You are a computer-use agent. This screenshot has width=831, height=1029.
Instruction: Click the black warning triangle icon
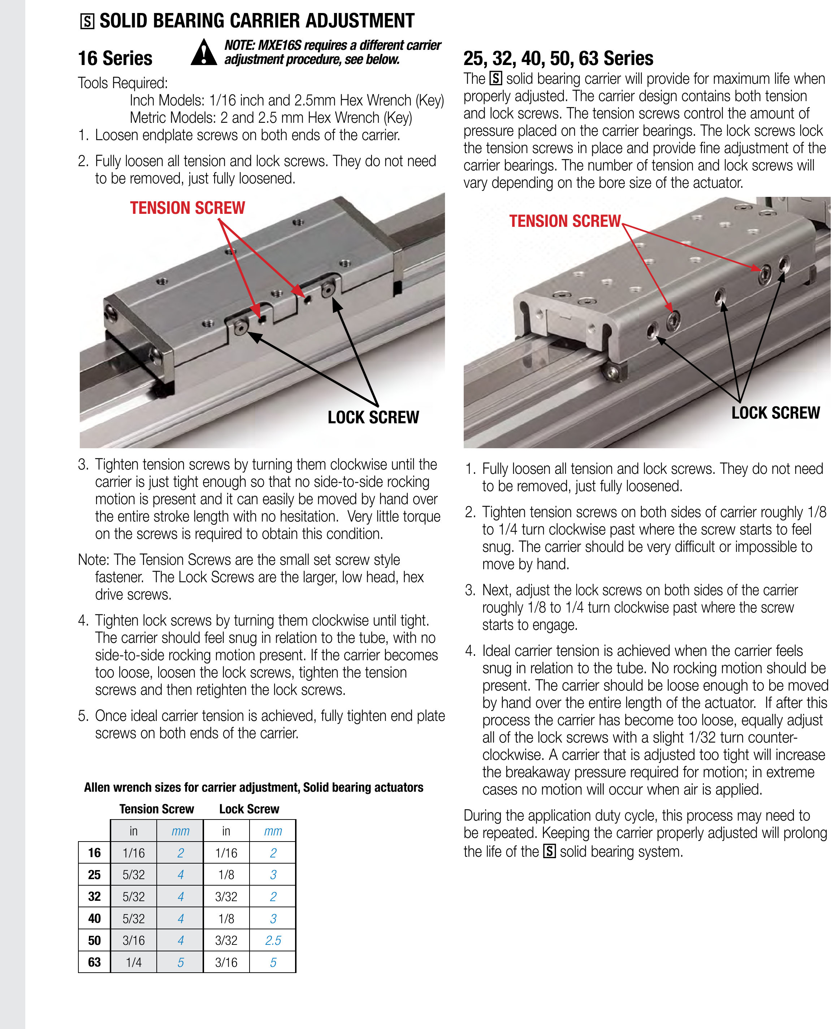coord(204,53)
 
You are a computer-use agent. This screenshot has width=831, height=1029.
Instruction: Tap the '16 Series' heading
coord(115,59)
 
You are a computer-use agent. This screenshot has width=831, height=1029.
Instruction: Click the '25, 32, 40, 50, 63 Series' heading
coord(558,59)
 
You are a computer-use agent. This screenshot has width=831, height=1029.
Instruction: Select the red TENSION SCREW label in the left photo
coord(187,208)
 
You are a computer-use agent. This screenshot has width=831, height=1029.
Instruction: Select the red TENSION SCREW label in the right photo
coord(564,221)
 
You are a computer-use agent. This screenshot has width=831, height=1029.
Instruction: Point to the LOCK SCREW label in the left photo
coord(373,418)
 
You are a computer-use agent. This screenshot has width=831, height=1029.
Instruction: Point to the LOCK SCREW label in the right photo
coord(775,412)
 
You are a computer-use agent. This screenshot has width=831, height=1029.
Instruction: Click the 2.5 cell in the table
coord(273,941)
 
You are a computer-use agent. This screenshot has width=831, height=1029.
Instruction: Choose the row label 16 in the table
coord(94,853)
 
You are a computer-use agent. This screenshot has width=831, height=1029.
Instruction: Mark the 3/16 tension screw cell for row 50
coord(134,941)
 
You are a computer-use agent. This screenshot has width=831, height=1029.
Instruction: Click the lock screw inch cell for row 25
coord(226,875)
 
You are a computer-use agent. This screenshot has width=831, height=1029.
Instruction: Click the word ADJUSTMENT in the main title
coord(360,21)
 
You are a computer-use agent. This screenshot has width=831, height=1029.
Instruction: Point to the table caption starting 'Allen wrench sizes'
coord(253,788)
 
